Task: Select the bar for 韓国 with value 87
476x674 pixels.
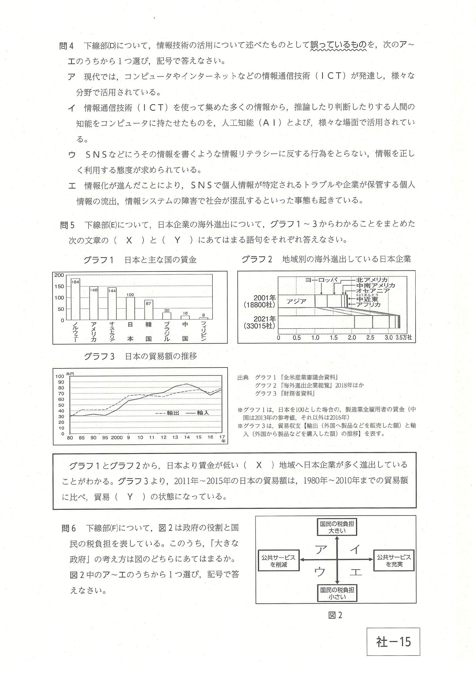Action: pos(148,310)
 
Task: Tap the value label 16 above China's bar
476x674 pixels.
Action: pos(185,313)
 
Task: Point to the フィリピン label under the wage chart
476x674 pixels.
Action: pos(203,331)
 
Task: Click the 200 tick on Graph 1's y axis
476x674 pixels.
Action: pos(59,275)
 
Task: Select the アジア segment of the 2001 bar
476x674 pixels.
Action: pos(296,301)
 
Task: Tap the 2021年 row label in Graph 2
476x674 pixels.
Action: pos(264,319)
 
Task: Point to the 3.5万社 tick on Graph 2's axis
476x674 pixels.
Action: pos(403,338)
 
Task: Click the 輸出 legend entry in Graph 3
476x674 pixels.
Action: pos(167,413)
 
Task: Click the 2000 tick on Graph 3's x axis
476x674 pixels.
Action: pos(117,438)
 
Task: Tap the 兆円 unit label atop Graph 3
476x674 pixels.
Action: pos(70,374)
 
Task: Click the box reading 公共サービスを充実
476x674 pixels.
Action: pos(394,561)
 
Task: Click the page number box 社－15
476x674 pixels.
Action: pos(393,642)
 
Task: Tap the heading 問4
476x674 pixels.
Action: pos(66,46)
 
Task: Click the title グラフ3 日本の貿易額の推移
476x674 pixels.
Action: pos(140,356)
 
